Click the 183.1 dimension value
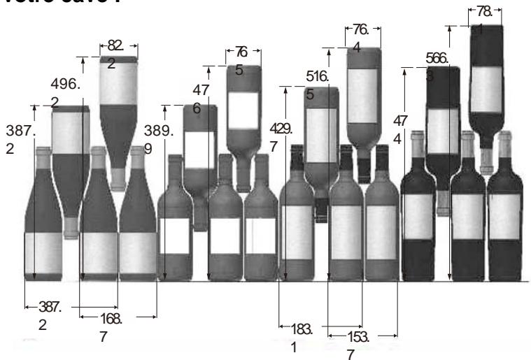(x=299, y=336)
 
